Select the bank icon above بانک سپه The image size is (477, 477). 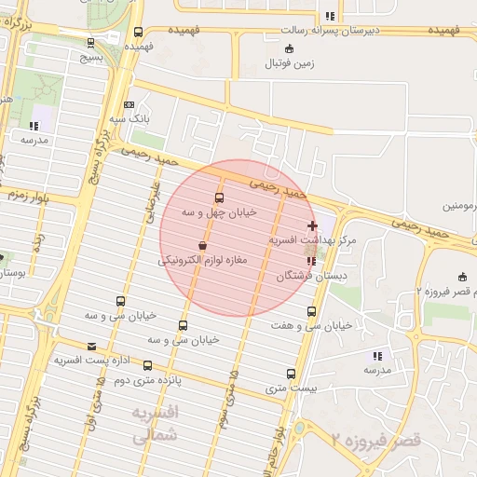coord(128,104)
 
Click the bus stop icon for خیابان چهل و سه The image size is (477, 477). coord(220,198)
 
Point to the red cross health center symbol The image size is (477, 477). coord(312,225)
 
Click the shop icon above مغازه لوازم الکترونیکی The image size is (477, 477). coord(202,246)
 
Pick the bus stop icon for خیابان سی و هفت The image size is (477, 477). coord(311,311)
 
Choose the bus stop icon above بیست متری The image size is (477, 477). coord(293,373)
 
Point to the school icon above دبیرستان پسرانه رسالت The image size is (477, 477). coord(330,16)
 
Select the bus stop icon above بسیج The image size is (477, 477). coord(89,42)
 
